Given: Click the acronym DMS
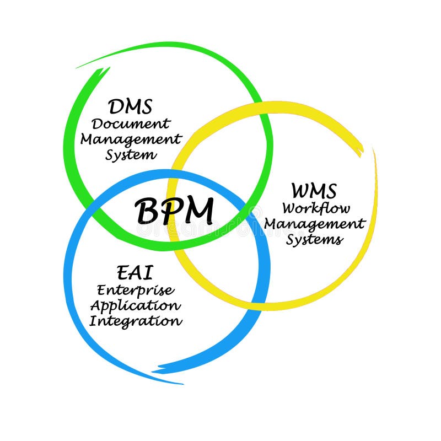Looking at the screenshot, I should [131, 105].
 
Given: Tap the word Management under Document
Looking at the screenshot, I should [131, 138].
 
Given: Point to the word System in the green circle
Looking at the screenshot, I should [131, 154].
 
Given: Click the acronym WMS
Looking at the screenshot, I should [314, 191].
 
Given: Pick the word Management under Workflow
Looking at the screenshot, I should [315, 224].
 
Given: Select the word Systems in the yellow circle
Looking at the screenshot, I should [315, 240].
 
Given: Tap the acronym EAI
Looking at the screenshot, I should [135, 272].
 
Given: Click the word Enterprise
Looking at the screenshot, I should [135, 290].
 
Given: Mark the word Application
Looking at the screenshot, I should [135, 305].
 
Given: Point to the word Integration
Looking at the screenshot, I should [135, 320].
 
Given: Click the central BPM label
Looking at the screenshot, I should [174, 211].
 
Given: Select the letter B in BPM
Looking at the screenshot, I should [147, 212].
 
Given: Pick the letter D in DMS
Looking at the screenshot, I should [116, 105].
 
